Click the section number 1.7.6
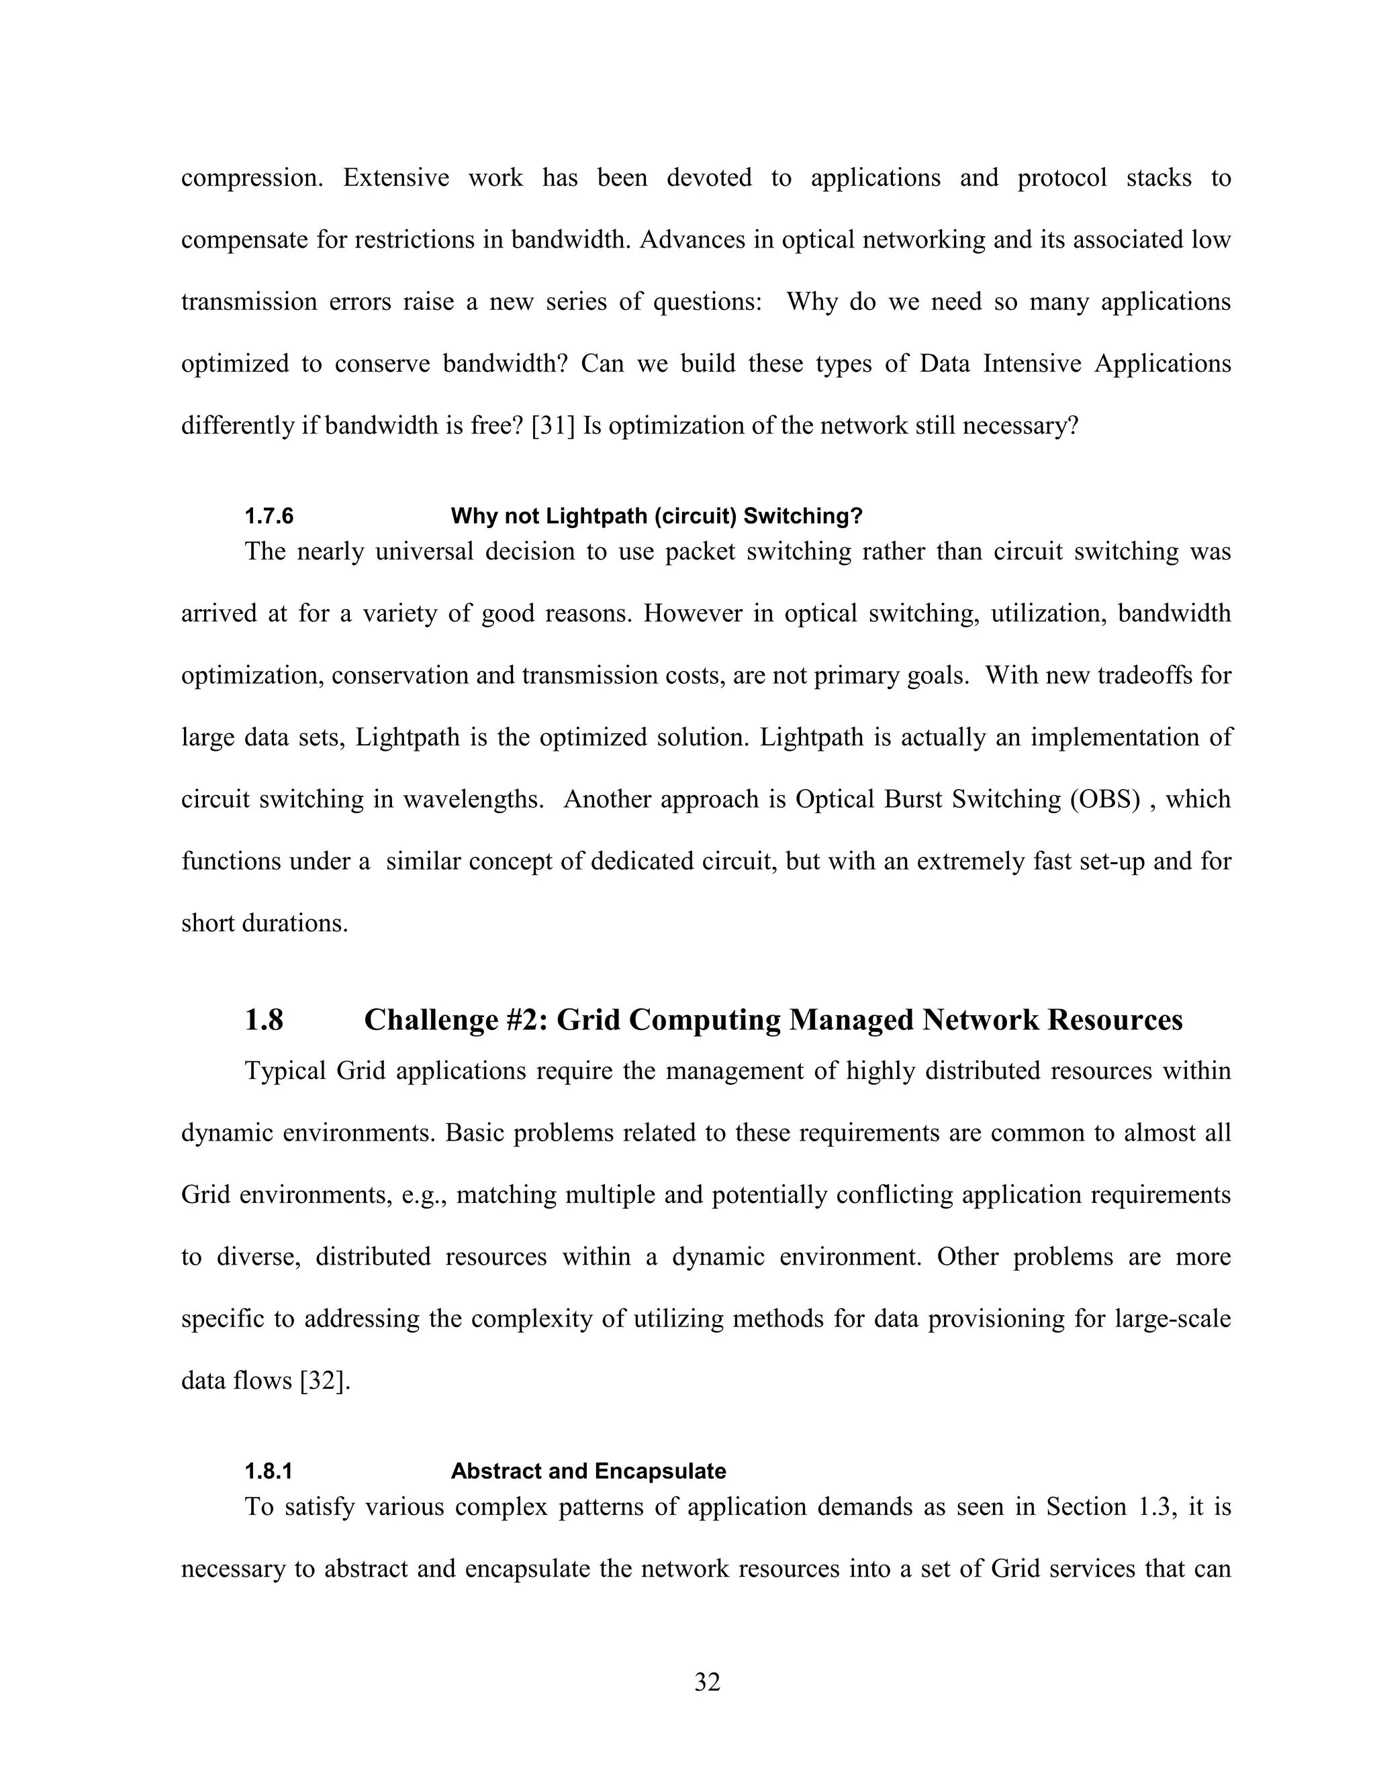[x=269, y=516]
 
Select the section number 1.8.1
[x=269, y=1471]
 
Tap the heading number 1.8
[x=264, y=1019]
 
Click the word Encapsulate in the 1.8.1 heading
[x=660, y=1471]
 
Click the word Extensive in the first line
[x=396, y=178]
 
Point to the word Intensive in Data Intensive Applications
[x=1032, y=364]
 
